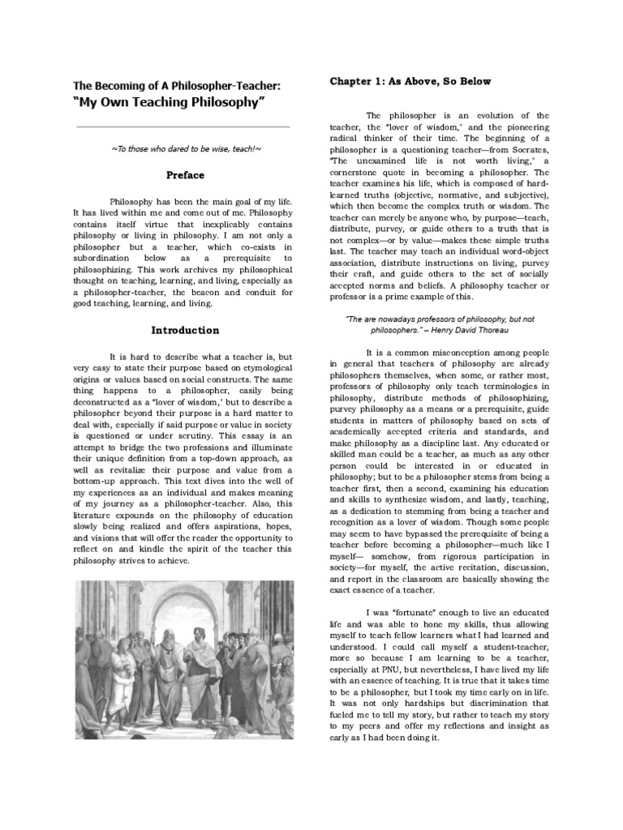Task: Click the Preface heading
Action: pyautogui.click(x=185, y=174)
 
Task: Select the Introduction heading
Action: pyautogui.click(x=185, y=330)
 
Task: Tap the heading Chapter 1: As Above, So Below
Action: pyautogui.click(x=410, y=82)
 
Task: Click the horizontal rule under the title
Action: pyautogui.click(x=183, y=126)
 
